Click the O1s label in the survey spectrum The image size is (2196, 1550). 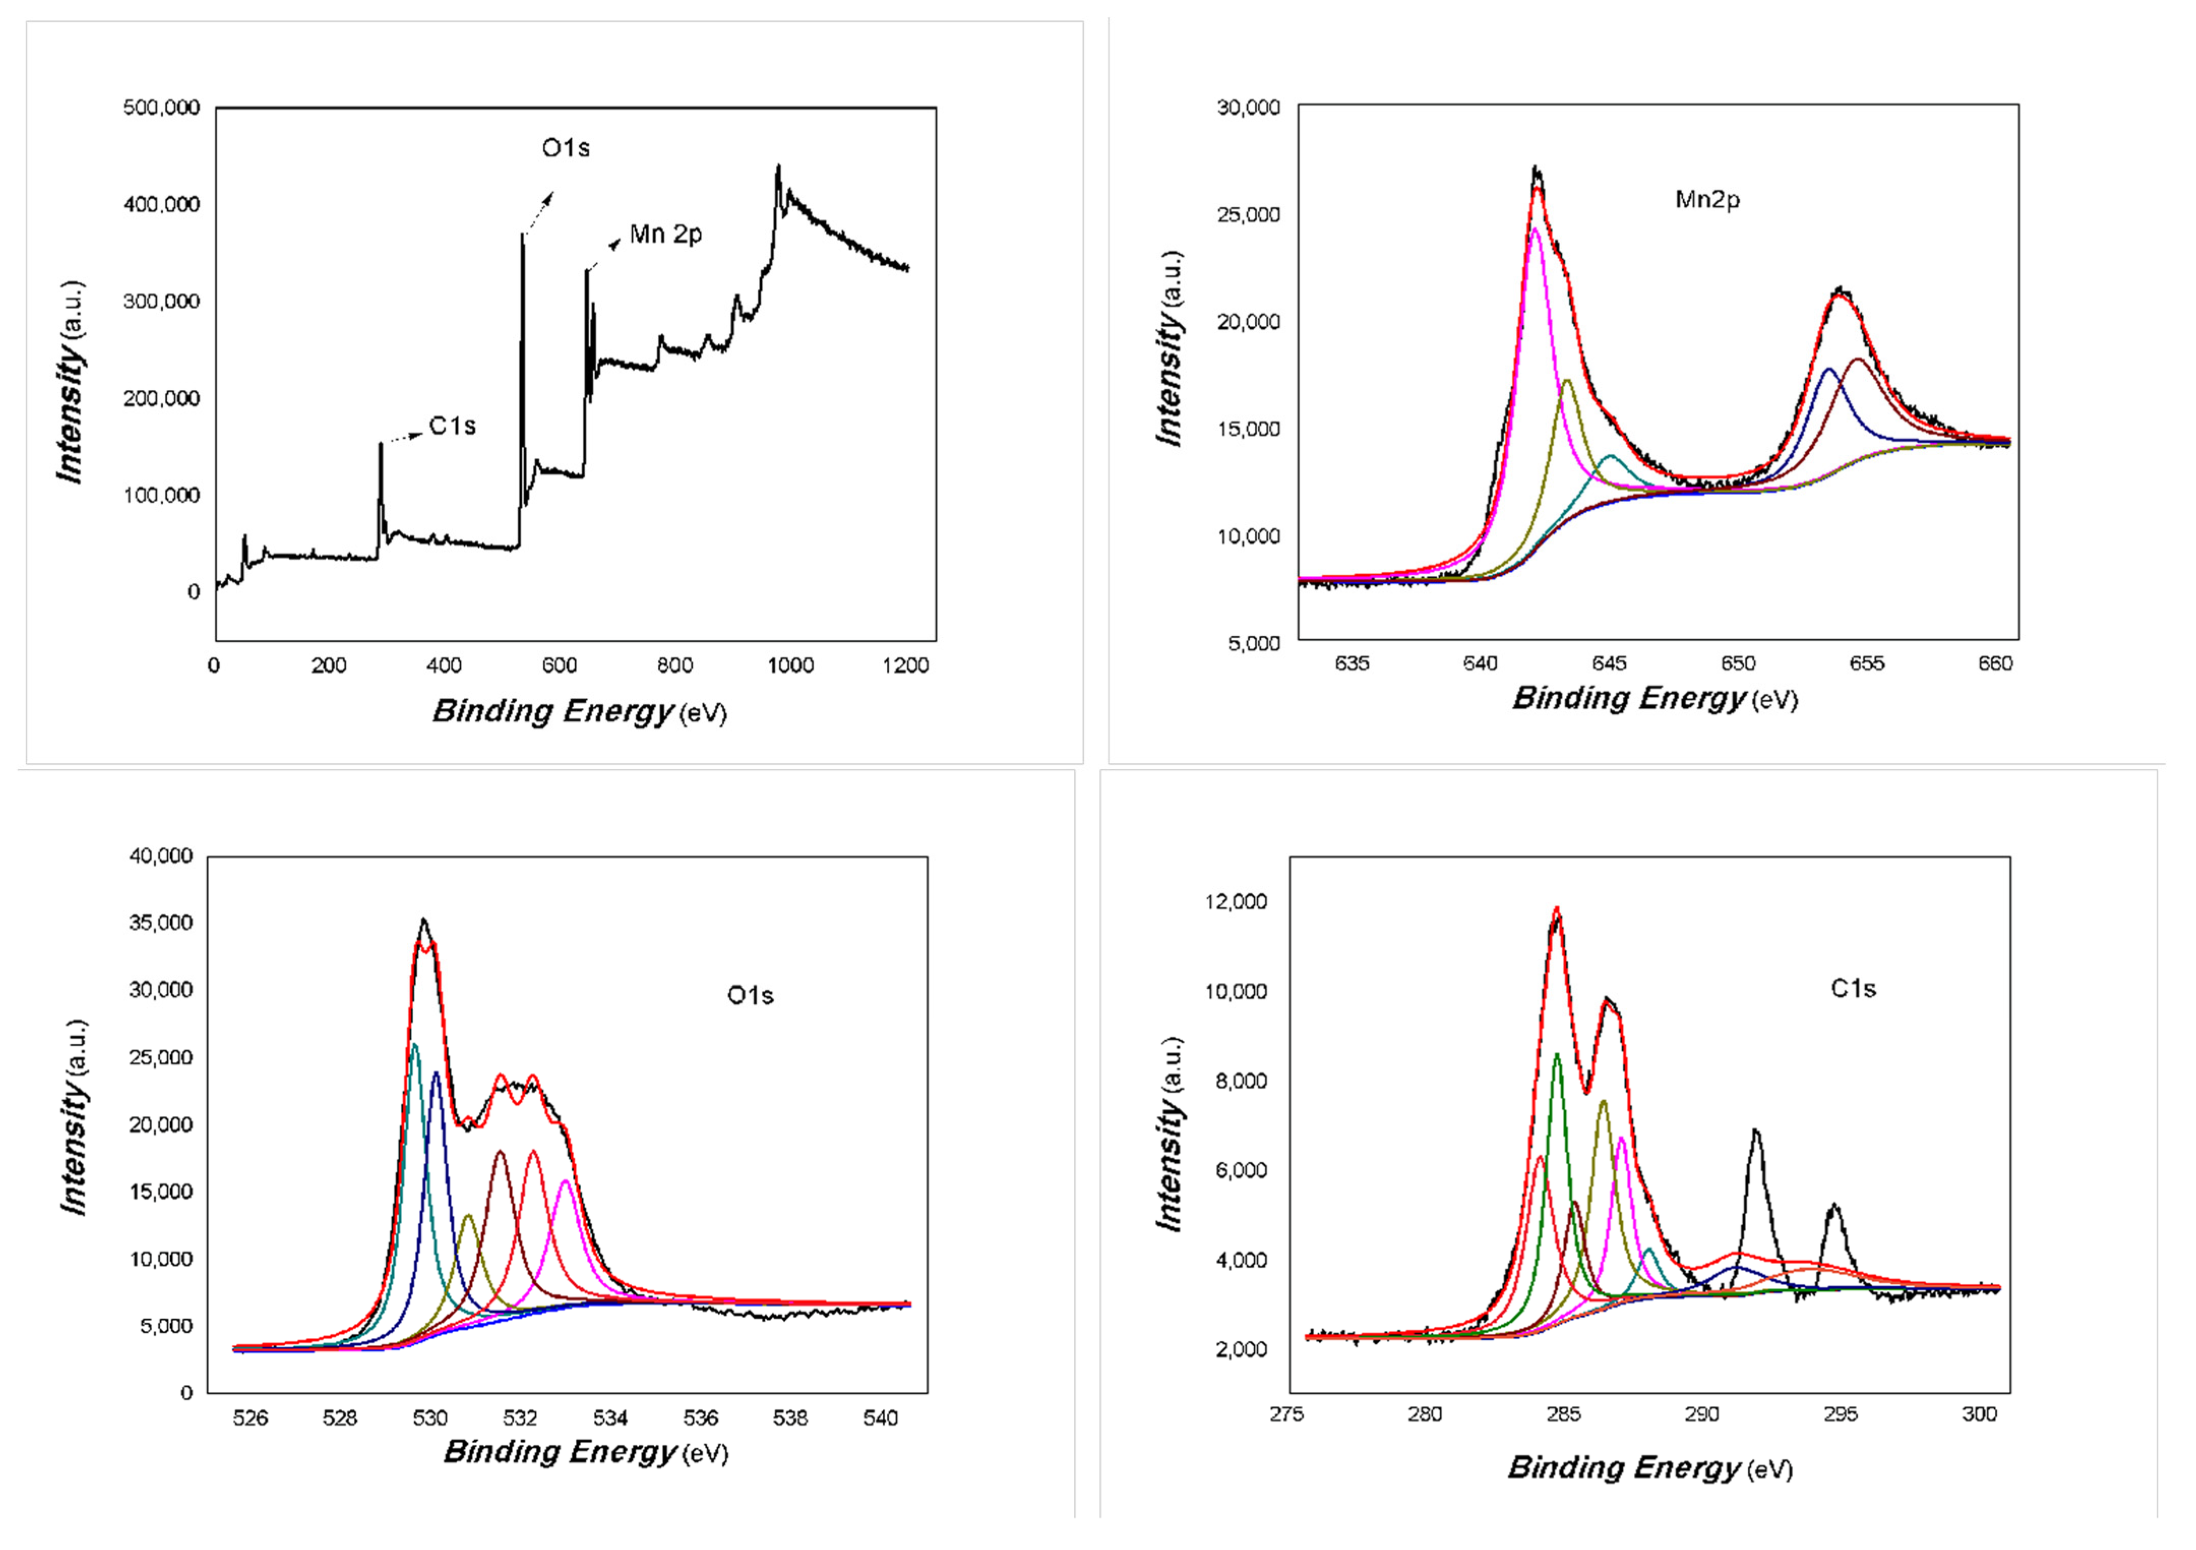tap(565, 148)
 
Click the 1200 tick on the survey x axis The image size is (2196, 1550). tap(905, 666)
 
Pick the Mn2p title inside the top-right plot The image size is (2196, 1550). tap(1707, 200)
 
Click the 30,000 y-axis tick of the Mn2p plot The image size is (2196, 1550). tap(1248, 107)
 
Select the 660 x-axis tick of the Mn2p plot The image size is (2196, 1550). tap(1995, 664)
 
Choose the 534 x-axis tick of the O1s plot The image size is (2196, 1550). tap(610, 1418)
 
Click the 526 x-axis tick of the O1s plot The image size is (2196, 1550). tap(251, 1418)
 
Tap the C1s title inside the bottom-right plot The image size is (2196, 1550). tap(1852, 989)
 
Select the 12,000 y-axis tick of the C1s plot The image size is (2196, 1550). tap(1236, 902)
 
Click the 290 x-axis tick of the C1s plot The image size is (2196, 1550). tap(1702, 1414)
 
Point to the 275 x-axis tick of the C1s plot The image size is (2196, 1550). tap(1287, 1414)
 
